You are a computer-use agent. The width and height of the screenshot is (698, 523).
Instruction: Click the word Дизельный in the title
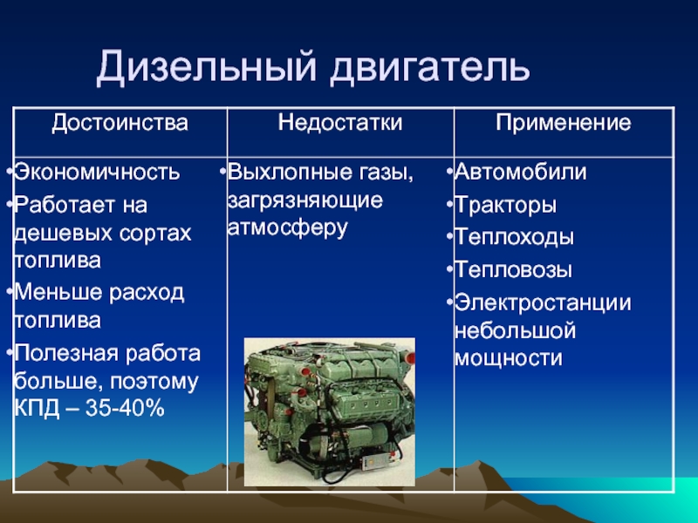click(207, 68)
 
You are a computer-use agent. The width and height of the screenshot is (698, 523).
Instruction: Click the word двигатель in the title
click(430, 68)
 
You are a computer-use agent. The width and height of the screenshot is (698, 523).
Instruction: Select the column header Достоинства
click(120, 123)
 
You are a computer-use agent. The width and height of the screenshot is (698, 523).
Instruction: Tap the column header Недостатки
click(340, 122)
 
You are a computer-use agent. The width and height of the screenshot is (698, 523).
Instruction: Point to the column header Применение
click(564, 123)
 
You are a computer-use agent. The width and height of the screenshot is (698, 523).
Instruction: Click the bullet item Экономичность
click(97, 172)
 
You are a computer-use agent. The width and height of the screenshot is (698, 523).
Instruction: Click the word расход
click(147, 294)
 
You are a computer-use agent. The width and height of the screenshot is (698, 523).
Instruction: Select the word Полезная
click(67, 354)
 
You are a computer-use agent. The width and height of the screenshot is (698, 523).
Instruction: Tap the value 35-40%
click(125, 408)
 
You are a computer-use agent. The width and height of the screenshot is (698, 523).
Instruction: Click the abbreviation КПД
click(37, 409)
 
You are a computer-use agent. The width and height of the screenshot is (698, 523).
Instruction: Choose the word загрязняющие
click(305, 200)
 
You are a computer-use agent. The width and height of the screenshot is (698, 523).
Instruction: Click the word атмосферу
click(287, 228)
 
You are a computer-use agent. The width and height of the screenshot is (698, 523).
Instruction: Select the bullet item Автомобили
click(520, 172)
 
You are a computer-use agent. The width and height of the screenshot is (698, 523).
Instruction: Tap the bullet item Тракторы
click(506, 206)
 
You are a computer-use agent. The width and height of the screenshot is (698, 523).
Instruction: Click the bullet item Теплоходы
click(514, 237)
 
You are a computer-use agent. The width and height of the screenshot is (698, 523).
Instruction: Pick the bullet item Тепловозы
click(513, 270)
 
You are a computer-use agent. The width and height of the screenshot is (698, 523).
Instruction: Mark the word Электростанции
click(543, 303)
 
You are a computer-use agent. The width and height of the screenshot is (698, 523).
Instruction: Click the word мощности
click(509, 359)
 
